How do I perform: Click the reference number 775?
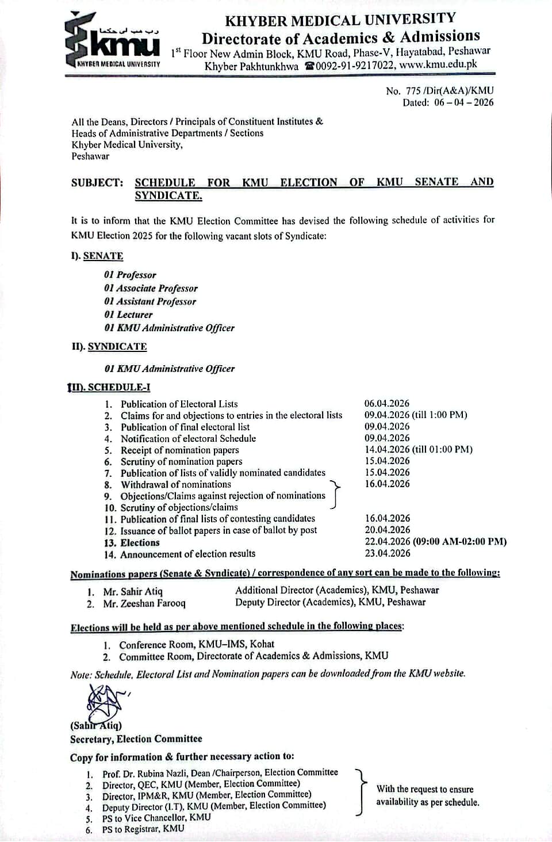[413, 91]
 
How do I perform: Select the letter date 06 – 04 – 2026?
[464, 103]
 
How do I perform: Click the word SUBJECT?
[97, 183]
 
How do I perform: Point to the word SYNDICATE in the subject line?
[168, 196]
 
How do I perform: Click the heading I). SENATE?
[97, 256]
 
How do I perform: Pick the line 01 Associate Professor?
[151, 288]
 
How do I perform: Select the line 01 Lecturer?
[128, 315]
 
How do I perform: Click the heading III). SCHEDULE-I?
[109, 387]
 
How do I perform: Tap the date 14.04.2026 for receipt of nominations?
[387, 449]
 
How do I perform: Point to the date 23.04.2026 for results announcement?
[387, 553]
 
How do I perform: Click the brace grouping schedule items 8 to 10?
[335, 495]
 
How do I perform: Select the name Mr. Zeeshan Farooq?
[144, 604]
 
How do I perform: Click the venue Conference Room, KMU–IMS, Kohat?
[196, 644]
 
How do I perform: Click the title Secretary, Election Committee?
[136, 739]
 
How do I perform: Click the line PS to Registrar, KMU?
[143, 829]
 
